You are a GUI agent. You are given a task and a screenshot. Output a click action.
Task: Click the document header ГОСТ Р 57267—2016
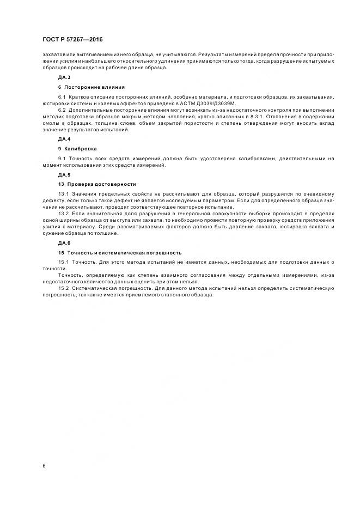(72, 40)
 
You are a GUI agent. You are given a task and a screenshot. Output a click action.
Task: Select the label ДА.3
(64, 78)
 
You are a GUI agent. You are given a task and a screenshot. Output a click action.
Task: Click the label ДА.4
(64, 139)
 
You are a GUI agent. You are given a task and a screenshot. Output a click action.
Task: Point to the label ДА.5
(64, 175)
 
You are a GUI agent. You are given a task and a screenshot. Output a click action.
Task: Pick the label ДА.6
(64, 242)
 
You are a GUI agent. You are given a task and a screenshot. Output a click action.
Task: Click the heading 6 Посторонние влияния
(91, 87)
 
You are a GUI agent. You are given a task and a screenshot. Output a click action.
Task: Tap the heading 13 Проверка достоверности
(97, 184)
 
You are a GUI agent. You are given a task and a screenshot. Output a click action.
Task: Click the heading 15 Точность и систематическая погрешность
(120, 252)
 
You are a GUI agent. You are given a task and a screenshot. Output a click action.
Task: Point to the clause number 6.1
(62, 96)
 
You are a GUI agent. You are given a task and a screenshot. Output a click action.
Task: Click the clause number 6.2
(62, 110)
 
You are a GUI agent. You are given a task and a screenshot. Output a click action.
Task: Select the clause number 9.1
(62, 158)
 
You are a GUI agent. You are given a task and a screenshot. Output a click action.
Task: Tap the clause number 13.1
(63, 194)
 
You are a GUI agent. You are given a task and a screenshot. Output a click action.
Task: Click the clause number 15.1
(63, 262)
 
